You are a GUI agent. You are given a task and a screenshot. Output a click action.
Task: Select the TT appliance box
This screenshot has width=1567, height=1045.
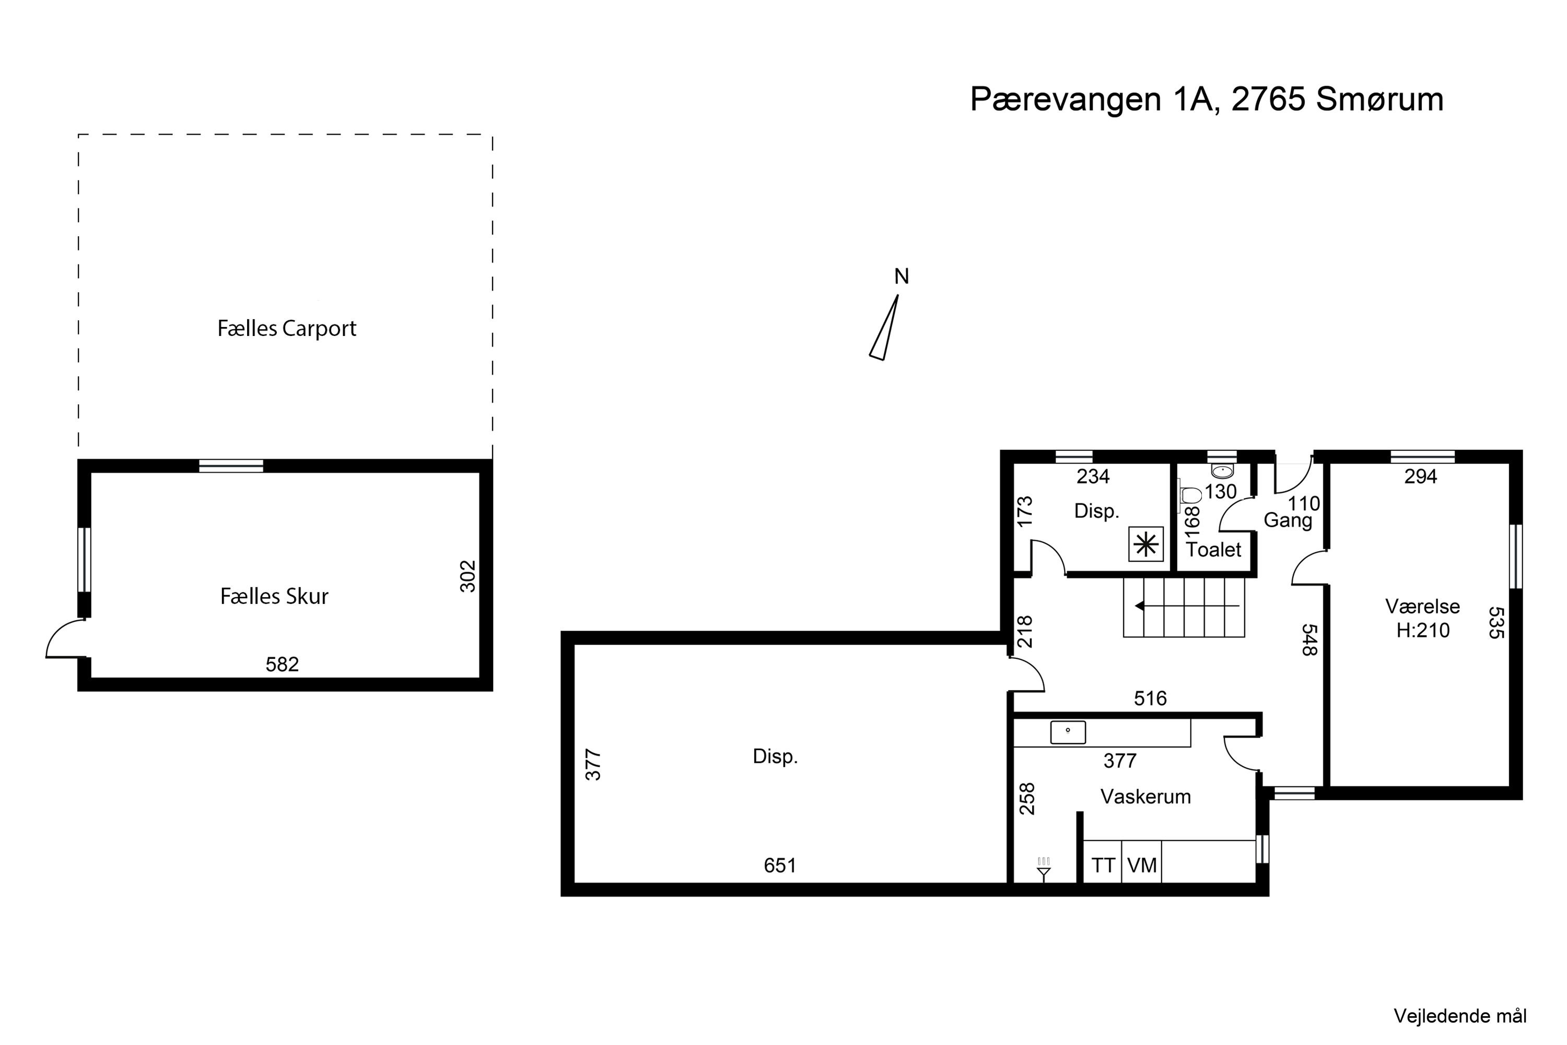click(1103, 865)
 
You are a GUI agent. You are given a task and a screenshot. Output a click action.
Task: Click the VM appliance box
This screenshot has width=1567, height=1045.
click(1142, 865)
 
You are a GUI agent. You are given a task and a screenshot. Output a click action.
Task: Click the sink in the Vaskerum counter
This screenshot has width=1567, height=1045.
click(1068, 732)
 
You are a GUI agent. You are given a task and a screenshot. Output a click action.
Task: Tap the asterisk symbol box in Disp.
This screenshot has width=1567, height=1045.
click(1146, 544)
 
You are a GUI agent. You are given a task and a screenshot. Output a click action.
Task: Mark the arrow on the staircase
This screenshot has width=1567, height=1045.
click(1187, 606)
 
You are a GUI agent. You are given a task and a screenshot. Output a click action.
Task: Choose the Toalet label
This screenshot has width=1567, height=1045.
click(1213, 550)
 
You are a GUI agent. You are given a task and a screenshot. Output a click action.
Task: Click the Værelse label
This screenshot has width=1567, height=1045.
click(1422, 607)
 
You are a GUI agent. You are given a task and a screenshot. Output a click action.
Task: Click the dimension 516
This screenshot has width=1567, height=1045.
click(1150, 699)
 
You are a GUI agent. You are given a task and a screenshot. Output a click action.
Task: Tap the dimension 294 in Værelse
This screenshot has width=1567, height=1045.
click(1420, 477)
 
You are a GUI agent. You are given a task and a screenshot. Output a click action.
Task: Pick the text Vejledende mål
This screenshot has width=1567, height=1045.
click(1460, 1016)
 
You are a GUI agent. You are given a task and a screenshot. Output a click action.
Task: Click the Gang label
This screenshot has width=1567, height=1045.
click(1288, 520)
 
